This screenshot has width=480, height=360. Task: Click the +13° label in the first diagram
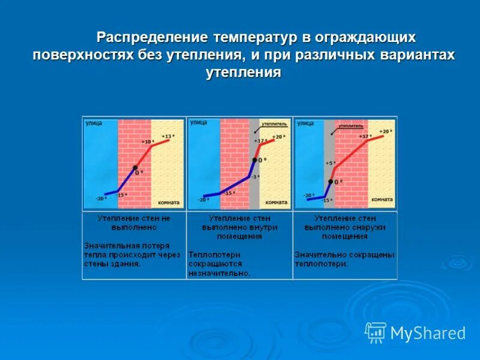(169, 137)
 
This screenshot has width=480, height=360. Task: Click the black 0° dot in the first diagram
(136, 167)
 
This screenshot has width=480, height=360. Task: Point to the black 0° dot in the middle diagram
(254, 160)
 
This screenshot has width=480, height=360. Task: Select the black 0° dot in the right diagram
(331, 181)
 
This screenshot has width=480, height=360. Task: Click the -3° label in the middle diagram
(254, 176)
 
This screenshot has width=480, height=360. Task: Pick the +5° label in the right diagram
(329, 163)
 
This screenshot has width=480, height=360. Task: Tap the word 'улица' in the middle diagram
(198, 122)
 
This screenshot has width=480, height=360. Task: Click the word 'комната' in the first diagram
(169, 202)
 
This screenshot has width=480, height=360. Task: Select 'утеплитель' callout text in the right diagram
(351, 127)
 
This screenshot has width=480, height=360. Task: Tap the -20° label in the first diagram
(101, 199)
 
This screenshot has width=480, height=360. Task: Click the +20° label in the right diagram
(386, 131)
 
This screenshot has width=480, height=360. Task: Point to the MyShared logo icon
(376, 332)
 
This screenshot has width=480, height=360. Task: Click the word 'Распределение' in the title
(152, 38)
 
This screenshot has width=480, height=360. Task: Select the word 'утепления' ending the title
(244, 72)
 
